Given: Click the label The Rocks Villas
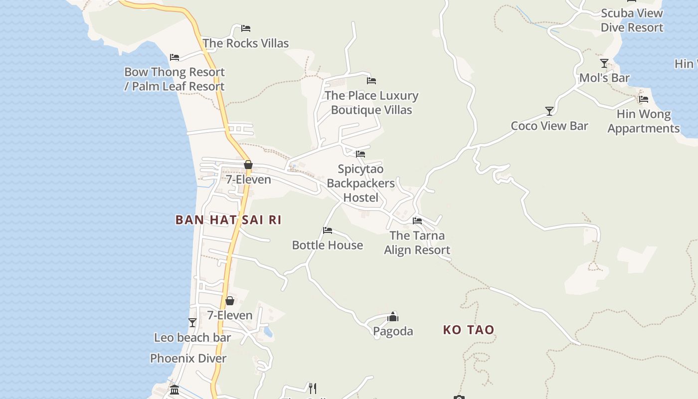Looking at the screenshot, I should (x=246, y=43).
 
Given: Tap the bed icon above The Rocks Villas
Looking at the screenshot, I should (x=245, y=28).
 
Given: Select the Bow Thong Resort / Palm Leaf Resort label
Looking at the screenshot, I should (x=174, y=79).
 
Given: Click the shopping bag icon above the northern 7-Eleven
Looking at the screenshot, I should (x=248, y=165).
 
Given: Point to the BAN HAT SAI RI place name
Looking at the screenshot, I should (x=228, y=220).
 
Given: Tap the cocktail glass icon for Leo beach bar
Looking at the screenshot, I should (x=192, y=323).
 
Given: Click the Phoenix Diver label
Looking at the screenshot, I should (x=188, y=359).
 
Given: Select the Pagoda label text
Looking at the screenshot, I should (x=393, y=331).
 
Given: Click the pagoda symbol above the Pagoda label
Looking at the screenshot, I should (x=393, y=316).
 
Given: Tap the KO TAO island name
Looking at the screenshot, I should (x=469, y=330).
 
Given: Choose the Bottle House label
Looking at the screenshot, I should (x=327, y=245).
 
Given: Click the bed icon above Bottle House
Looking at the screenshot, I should (x=328, y=230).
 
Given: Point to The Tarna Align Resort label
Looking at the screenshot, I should (x=417, y=243).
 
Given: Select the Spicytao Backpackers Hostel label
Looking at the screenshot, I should (x=361, y=184).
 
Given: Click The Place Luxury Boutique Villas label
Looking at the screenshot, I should (x=371, y=103).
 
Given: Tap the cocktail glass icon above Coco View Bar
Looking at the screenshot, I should (x=549, y=111).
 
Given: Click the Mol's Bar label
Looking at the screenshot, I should (x=604, y=78).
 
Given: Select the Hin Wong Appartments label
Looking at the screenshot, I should (x=643, y=121).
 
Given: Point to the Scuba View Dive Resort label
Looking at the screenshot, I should (x=632, y=20).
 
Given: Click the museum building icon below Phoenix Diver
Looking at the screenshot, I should (x=174, y=390).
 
